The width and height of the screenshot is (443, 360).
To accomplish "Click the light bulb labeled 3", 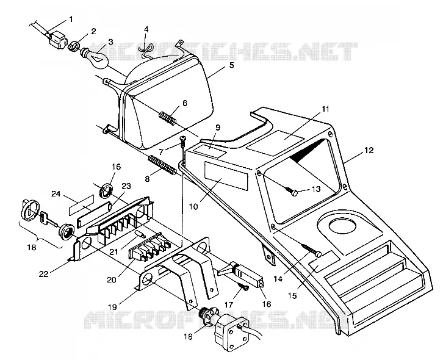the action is (x=95, y=57).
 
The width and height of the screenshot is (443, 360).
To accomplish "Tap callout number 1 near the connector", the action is (x=71, y=19).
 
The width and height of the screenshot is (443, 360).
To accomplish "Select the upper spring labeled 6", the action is (x=168, y=118).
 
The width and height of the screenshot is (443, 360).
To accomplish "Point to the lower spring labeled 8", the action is (x=162, y=165).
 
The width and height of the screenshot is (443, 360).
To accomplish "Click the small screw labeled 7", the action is (x=184, y=141).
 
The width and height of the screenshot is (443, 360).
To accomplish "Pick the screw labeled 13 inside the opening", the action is (x=291, y=192).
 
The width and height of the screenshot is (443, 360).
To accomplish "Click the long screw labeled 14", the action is (x=311, y=250).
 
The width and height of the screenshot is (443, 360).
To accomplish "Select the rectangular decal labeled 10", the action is (x=226, y=176).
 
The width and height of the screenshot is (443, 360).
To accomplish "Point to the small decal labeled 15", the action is (x=325, y=261).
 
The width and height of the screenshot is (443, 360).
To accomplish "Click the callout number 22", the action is (x=44, y=274).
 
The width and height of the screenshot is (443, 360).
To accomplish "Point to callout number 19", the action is (x=112, y=306).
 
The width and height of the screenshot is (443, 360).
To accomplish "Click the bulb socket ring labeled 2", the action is (x=74, y=45).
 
